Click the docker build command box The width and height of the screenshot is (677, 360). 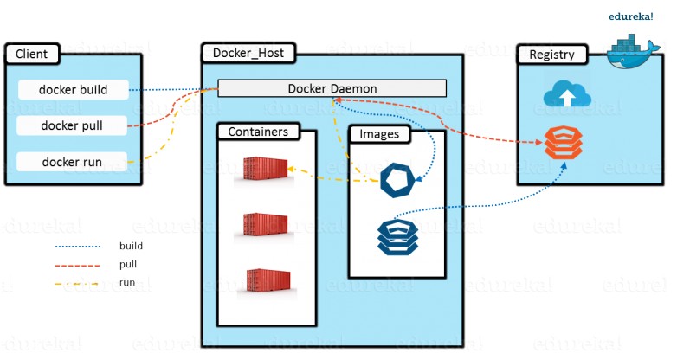point(73,89)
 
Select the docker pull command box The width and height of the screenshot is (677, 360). point(73,125)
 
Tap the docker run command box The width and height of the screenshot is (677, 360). point(73,162)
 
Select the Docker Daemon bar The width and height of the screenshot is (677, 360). point(332,88)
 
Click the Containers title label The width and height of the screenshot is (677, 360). point(257,132)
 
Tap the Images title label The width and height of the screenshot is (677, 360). point(379,134)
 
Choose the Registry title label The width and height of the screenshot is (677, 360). point(551,55)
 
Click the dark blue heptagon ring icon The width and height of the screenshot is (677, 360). point(397,177)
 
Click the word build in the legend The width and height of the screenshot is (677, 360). point(131,245)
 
